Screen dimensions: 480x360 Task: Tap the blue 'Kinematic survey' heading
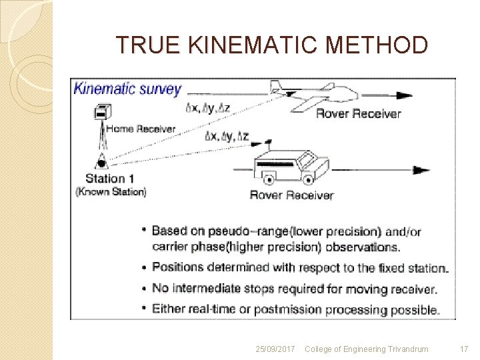coord(127,89)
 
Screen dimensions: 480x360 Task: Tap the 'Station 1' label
coord(110,179)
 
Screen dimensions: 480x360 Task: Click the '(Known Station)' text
coord(111,192)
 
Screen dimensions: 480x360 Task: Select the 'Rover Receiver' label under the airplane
coord(358,114)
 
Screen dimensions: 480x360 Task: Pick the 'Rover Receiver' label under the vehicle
coord(291,195)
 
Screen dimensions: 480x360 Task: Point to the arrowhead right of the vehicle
coord(421,171)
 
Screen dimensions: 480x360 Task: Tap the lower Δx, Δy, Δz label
coord(227,137)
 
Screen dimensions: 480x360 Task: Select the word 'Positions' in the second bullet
coord(177,267)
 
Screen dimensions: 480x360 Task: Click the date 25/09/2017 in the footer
coord(275,349)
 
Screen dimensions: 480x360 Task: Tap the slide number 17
coord(464,349)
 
